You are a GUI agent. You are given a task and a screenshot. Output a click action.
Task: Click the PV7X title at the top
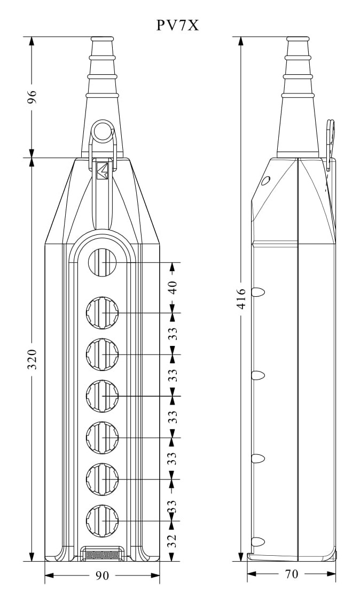(177, 25)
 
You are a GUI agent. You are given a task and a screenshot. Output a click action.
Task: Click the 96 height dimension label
(33, 97)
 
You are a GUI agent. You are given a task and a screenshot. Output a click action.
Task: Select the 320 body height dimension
(33, 359)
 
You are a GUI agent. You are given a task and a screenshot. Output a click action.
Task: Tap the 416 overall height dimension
(241, 298)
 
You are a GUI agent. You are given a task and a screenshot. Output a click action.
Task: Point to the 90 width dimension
(103, 576)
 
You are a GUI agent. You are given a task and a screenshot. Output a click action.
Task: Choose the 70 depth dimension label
(292, 574)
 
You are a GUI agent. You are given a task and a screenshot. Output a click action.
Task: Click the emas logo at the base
(103, 555)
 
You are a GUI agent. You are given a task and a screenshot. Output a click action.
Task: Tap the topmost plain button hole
(103, 263)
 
